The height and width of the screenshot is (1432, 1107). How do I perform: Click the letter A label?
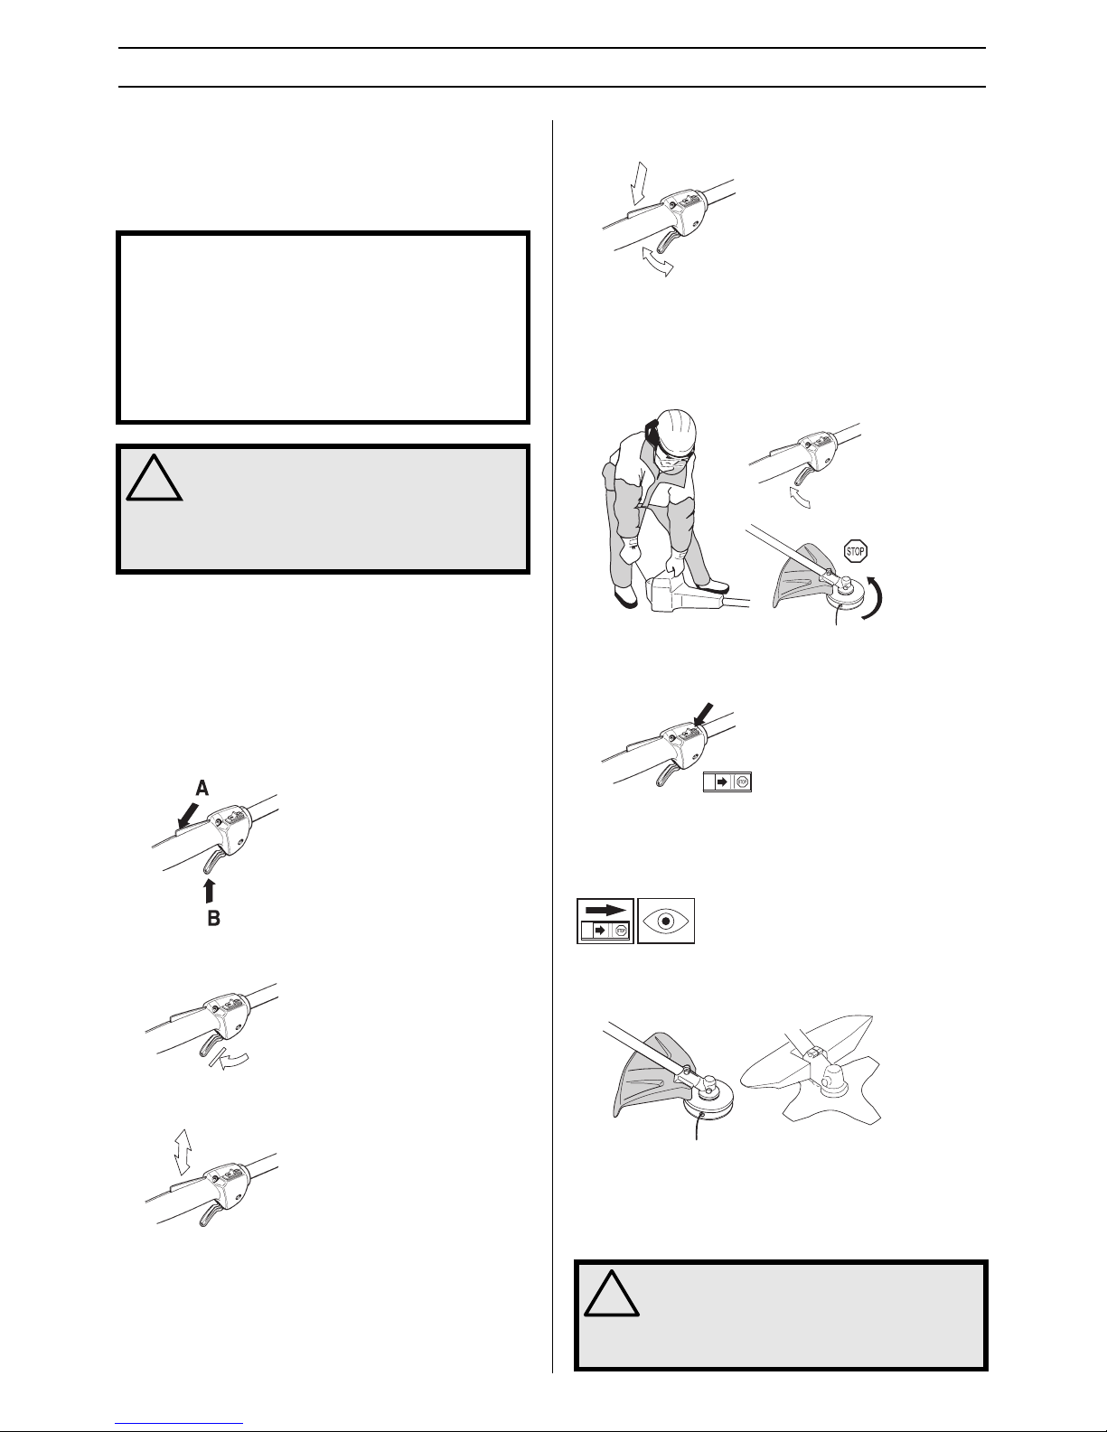point(202,788)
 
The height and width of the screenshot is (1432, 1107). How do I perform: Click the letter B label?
point(213,918)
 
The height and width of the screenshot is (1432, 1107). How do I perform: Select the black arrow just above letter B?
point(210,890)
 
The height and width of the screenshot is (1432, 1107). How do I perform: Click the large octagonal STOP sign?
point(855,551)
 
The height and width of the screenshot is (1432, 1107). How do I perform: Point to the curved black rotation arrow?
point(875,596)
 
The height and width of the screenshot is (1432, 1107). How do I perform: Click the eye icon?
point(666,921)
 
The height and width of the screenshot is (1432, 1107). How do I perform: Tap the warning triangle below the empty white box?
point(155,477)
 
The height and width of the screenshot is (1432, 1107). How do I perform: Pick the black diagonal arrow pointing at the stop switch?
point(702,714)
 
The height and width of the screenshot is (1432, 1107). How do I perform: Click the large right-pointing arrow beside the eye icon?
point(605,910)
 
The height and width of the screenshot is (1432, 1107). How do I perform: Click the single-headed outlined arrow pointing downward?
point(639,184)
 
